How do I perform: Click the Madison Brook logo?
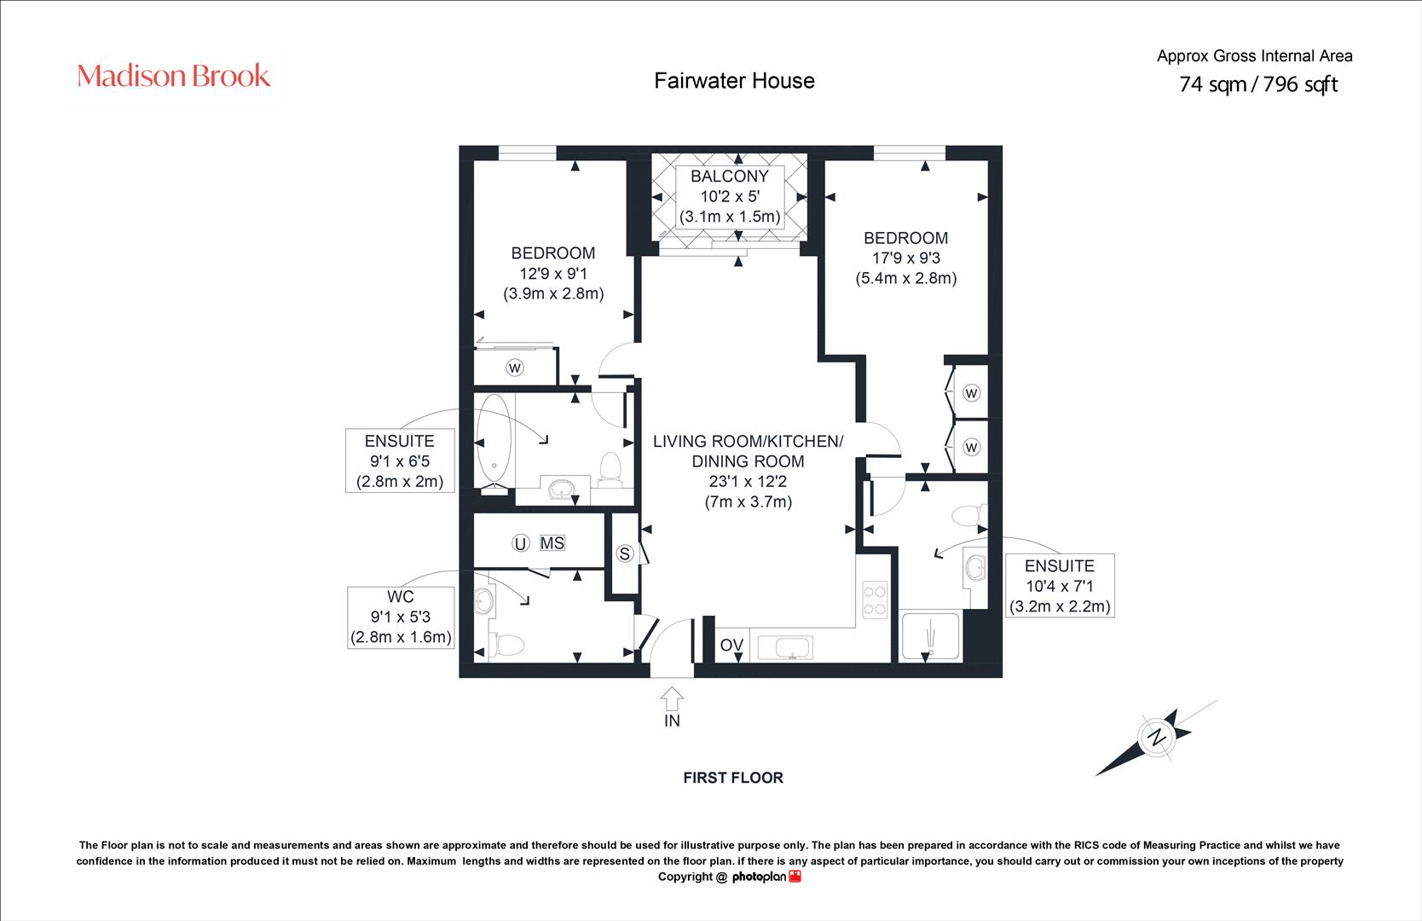click(x=173, y=76)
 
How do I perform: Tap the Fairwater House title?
click(x=734, y=81)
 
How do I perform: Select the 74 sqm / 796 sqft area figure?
click(x=1257, y=84)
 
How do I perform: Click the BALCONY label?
click(x=730, y=176)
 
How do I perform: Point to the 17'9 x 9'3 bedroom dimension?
click(x=906, y=258)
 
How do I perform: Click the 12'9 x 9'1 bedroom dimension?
click(x=553, y=273)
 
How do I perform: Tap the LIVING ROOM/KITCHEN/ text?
click(x=748, y=441)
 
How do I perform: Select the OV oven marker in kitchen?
click(x=731, y=645)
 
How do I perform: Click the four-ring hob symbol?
click(x=875, y=600)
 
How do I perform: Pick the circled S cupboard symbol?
click(x=625, y=553)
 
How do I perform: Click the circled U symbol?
click(x=521, y=543)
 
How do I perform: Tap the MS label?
click(x=552, y=543)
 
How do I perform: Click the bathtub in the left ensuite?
click(x=494, y=443)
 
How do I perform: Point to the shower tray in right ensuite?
click(x=931, y=636)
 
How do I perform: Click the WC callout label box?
click(x=401, y=617)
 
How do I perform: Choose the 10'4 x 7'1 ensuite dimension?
click(x=1060, y=586)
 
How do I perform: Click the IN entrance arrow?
click(x=672, y=698)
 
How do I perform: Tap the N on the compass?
click(x=1158, y=738)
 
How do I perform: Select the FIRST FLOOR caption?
click(x=733, y=778)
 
